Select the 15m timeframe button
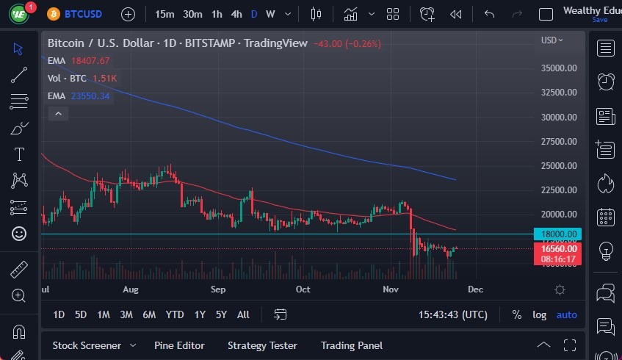[165, 14]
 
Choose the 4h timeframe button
[236, 14]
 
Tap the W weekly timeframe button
[270, 14]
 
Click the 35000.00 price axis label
[559, 68]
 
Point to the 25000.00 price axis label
[559, 165]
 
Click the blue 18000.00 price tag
[559, 234]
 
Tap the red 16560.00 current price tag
[559, 249]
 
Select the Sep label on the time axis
[217, 289]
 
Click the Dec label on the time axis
[475, 289]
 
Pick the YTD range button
[175, 314]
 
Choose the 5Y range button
[221, 314]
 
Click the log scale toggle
[540, 314]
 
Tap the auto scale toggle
[567, 314]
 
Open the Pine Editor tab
[179, 345]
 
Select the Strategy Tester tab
[262, 345]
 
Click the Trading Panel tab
[352, 345]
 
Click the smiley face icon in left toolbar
[19, 234]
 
